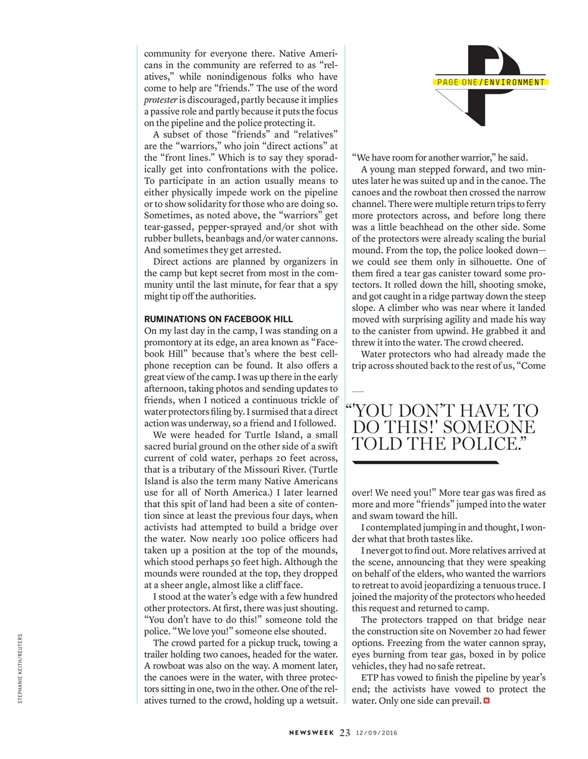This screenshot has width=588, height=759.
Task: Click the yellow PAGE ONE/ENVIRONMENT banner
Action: point(490,82)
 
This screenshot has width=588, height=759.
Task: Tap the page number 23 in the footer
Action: point(345,732)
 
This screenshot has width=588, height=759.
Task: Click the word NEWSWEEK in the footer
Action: point(312,733)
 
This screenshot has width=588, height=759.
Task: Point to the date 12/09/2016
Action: point(376,733)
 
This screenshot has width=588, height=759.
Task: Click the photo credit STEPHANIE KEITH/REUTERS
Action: point(20,669)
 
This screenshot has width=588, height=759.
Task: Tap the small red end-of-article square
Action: point(487,701)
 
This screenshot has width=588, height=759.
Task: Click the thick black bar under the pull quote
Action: point(426,461)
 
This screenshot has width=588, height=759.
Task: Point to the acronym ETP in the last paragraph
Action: point(370,678)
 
